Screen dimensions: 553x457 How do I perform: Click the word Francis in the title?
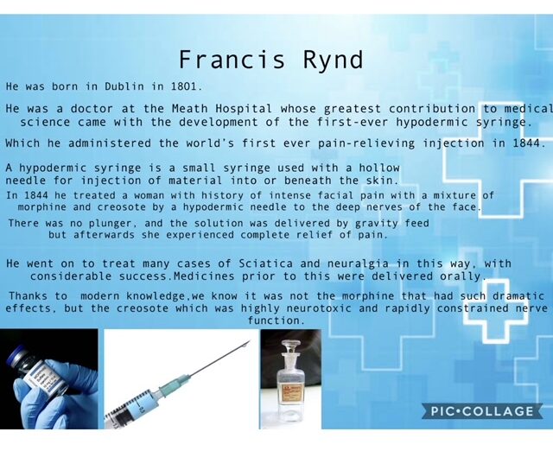tap(232, 60)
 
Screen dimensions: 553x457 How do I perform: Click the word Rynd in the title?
tap(333, 60)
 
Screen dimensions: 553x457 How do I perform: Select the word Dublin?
tap(124, 86)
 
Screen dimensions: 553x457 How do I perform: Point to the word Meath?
tap(189, 109)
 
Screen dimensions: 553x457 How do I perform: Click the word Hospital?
tap(244, 109)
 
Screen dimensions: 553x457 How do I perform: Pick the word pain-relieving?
tap(366, 143)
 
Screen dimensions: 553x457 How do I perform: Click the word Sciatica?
tap(266, 263)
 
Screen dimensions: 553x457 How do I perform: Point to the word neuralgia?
tap(358, 263)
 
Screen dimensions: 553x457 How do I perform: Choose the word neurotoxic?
tap(319, 308)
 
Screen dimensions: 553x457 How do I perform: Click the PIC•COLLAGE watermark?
tap(482, 411)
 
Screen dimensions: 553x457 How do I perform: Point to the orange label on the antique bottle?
tap(290, 391)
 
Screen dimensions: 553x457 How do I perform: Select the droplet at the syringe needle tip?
tap(244, 347)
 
